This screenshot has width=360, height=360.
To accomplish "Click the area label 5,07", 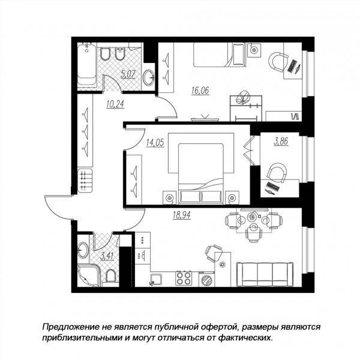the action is tap(128, 74).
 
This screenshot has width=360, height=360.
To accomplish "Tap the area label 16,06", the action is tap(200, 91).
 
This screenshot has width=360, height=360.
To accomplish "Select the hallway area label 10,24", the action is tap(115, 104).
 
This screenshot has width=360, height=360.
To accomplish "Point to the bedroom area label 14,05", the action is tap(155, 143).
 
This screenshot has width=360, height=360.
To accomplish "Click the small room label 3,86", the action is tap(281, 141).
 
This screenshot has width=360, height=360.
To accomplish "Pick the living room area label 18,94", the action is tap(182, 215).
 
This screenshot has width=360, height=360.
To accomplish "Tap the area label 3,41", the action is tap(107, 256).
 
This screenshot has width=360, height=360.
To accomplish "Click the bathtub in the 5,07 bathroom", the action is tap(87, 65).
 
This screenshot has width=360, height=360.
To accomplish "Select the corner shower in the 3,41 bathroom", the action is tap(89, 275).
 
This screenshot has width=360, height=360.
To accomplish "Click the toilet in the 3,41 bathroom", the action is tap(110, 275).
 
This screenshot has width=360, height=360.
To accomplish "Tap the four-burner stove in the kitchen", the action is tap(184, 278).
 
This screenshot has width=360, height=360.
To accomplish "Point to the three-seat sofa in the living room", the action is tap(265, 274).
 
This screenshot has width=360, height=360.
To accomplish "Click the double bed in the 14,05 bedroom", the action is tap(201, 173).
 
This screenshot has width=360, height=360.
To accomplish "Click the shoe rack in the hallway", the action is tap(85, 181).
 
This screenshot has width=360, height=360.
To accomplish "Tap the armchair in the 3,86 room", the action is tap(277, 173).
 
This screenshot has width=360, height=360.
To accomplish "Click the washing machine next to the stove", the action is tap(206, 280).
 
